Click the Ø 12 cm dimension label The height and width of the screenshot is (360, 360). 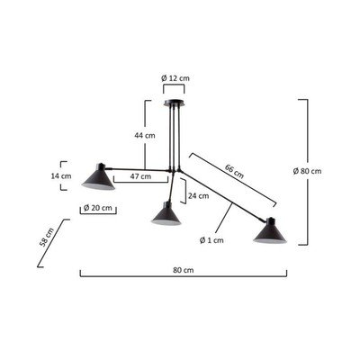point(175,78)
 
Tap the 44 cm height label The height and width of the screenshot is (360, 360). point(145,135)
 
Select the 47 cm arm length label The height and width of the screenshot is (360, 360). point(140,176)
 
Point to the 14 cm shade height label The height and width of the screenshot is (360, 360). point(61,175)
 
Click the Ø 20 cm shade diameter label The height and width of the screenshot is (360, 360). point(98,208)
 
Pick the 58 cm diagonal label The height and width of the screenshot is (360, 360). point(47,237)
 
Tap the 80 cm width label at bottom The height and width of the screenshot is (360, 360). point(184,270)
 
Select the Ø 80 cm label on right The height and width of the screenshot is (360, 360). point(307,171)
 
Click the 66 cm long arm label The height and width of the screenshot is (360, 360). point(234,171)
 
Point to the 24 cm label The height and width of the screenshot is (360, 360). point(199,196)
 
